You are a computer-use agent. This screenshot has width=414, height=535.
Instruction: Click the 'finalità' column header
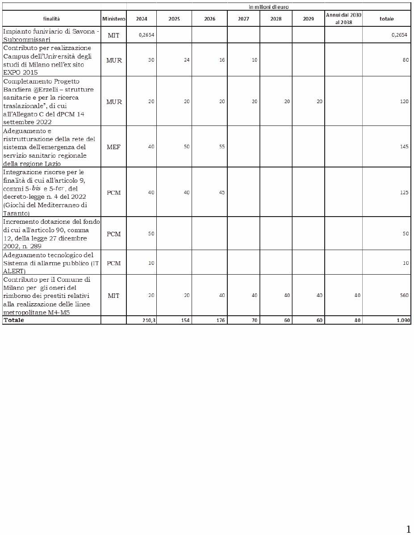51,19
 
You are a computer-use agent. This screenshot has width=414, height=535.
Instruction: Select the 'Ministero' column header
113,19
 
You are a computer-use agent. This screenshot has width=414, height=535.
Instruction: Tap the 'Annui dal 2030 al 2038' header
343,18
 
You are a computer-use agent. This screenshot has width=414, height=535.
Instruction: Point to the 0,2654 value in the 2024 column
146,35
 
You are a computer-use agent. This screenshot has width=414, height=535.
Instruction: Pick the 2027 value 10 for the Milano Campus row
254,59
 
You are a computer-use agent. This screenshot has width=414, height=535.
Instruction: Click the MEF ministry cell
113,146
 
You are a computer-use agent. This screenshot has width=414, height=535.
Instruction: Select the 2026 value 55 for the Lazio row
222,146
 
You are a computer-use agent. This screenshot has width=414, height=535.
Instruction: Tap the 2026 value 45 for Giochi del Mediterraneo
222,192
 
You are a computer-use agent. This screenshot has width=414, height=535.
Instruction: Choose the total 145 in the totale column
404,146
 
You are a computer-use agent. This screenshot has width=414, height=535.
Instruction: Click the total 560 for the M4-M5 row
404,295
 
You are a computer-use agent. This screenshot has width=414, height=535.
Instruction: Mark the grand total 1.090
403,320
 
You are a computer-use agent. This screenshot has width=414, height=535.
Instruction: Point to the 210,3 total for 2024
149,320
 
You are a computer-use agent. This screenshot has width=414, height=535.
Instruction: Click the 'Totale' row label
14,320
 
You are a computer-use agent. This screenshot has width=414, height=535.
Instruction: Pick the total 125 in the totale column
404,192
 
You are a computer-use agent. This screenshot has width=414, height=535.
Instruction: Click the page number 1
408,530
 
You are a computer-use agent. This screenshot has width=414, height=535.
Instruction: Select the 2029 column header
309,19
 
